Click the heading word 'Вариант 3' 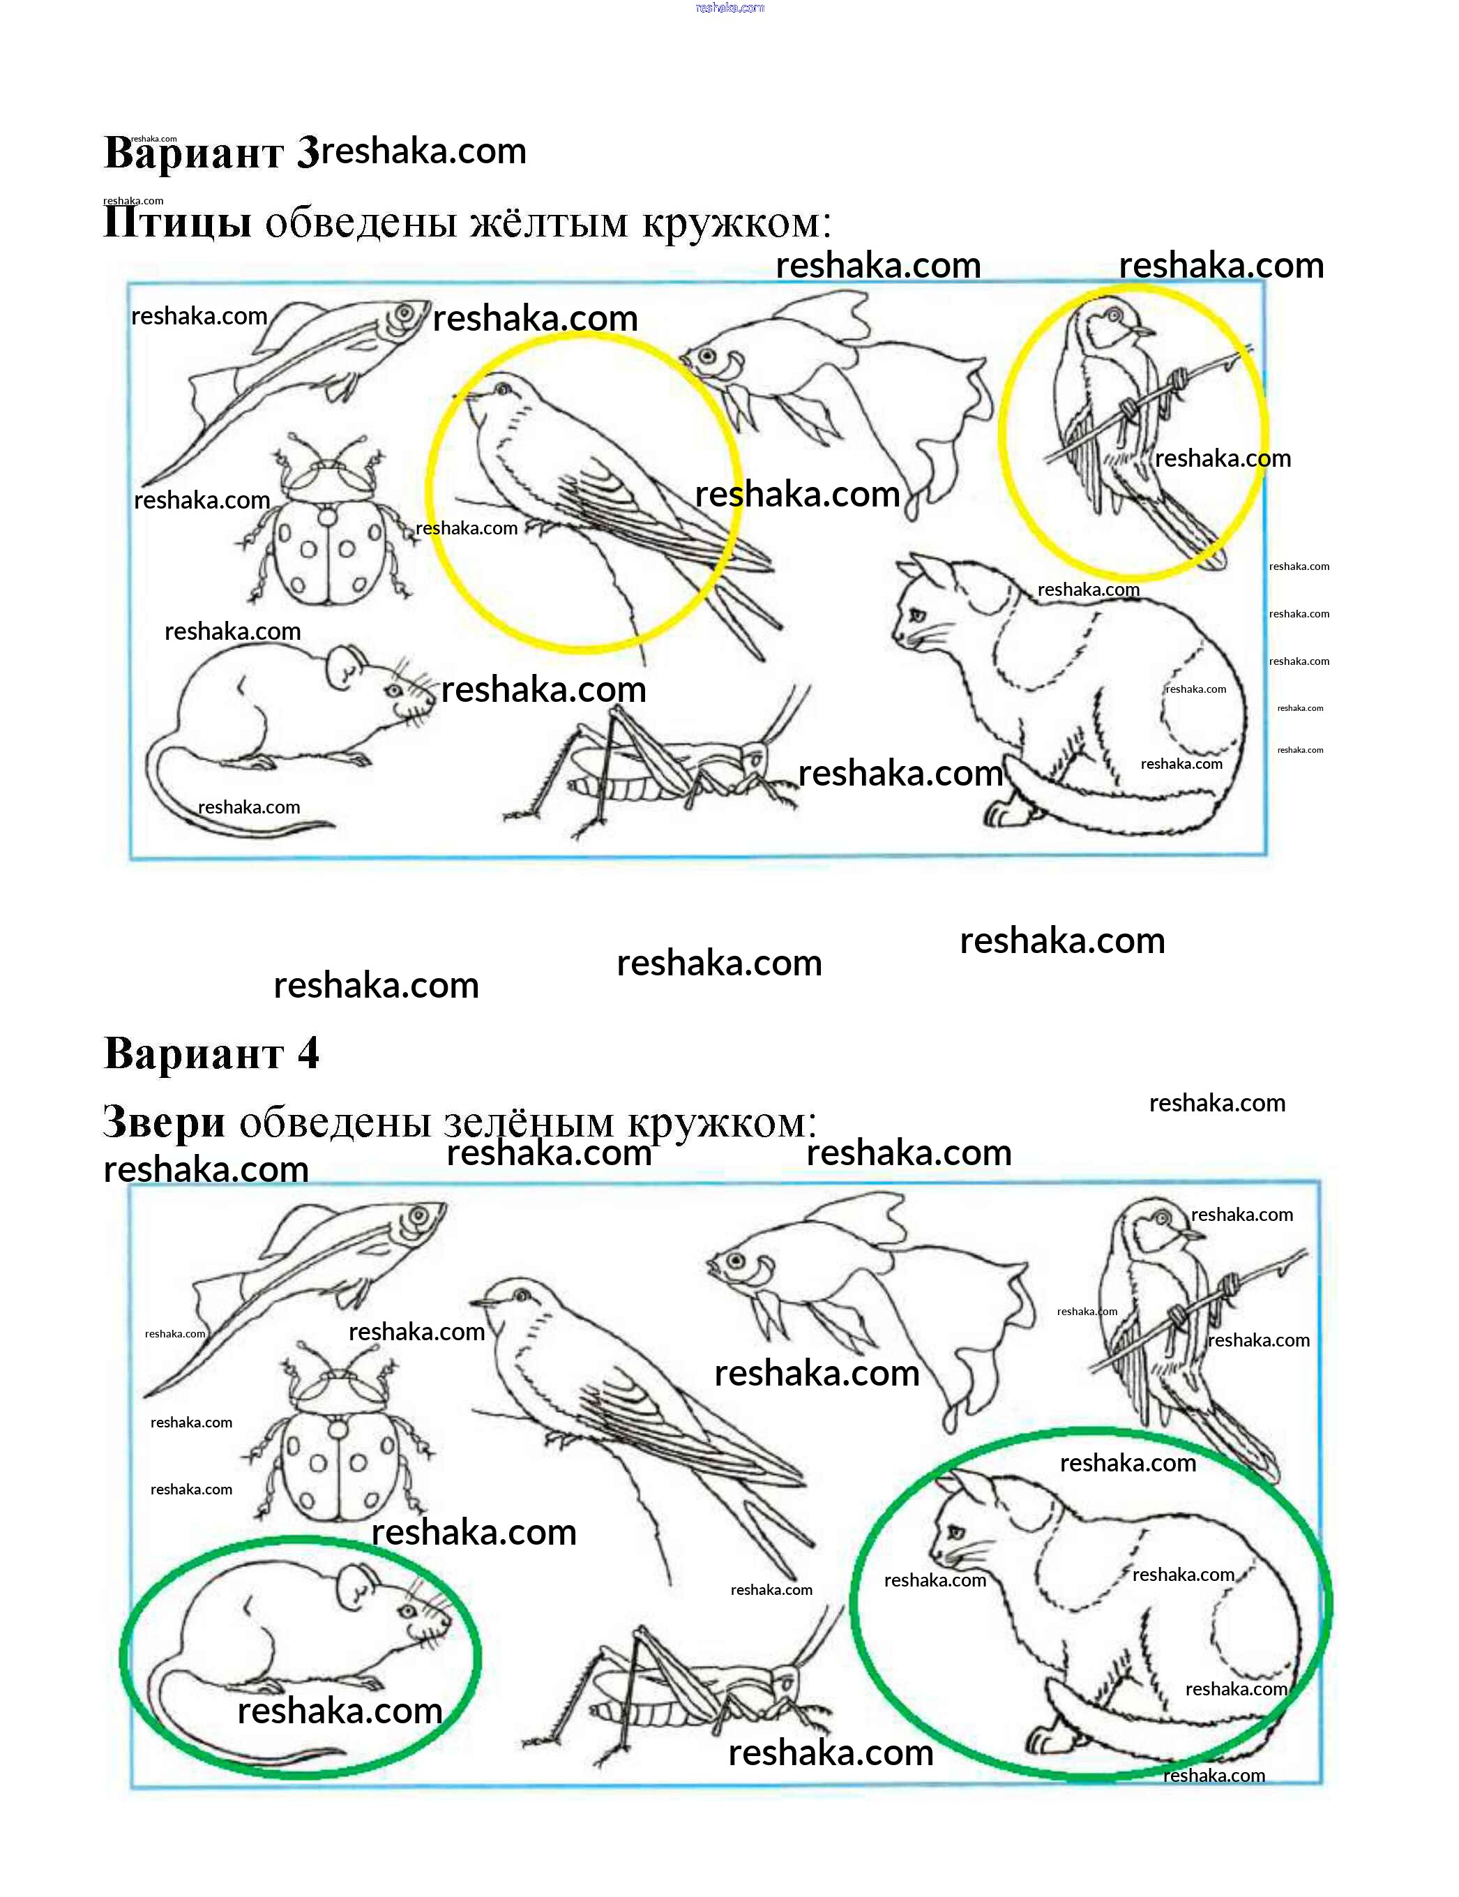(212, 153)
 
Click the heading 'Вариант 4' (212, 1054)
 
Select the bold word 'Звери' (164, 1121)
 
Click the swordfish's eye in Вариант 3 (404, 313)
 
